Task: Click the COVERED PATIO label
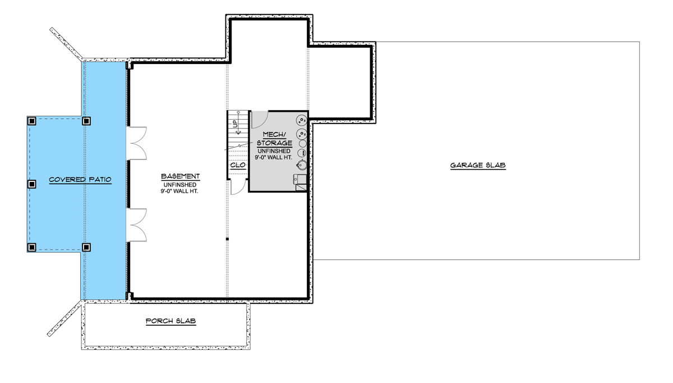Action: (x=80, y=180)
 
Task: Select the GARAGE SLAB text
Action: (x=478, y=166)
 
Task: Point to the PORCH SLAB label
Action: (x=170, y=321)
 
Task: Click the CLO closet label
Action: (x=238, y=165)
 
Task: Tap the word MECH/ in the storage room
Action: (x=275, y=134)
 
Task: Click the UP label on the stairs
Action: (x=236, y=123)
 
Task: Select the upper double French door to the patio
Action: (x=138, y=143)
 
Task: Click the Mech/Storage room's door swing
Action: (x=259, y=119)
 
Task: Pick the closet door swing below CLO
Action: (x=238, y=187)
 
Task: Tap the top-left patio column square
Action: (x=32, y=120)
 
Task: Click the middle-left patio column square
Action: (x=32, y=184)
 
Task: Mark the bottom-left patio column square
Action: (x=32, y=247)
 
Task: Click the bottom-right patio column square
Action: (x=86, y=247)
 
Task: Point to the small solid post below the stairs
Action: (x=227, y=239)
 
